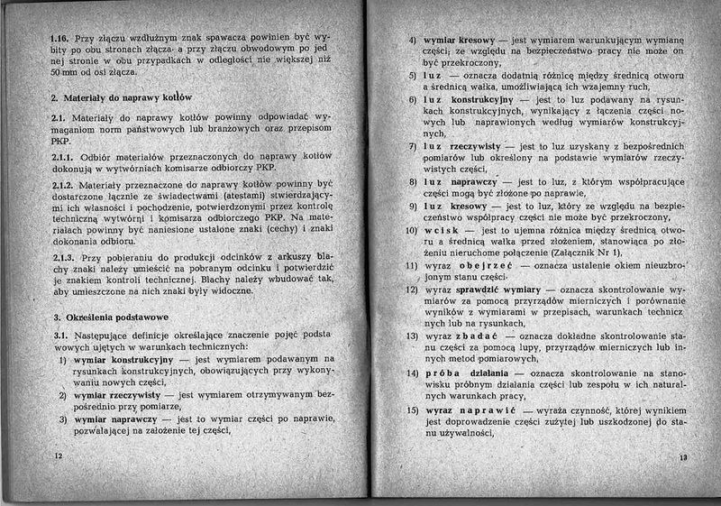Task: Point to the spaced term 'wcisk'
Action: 442,230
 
